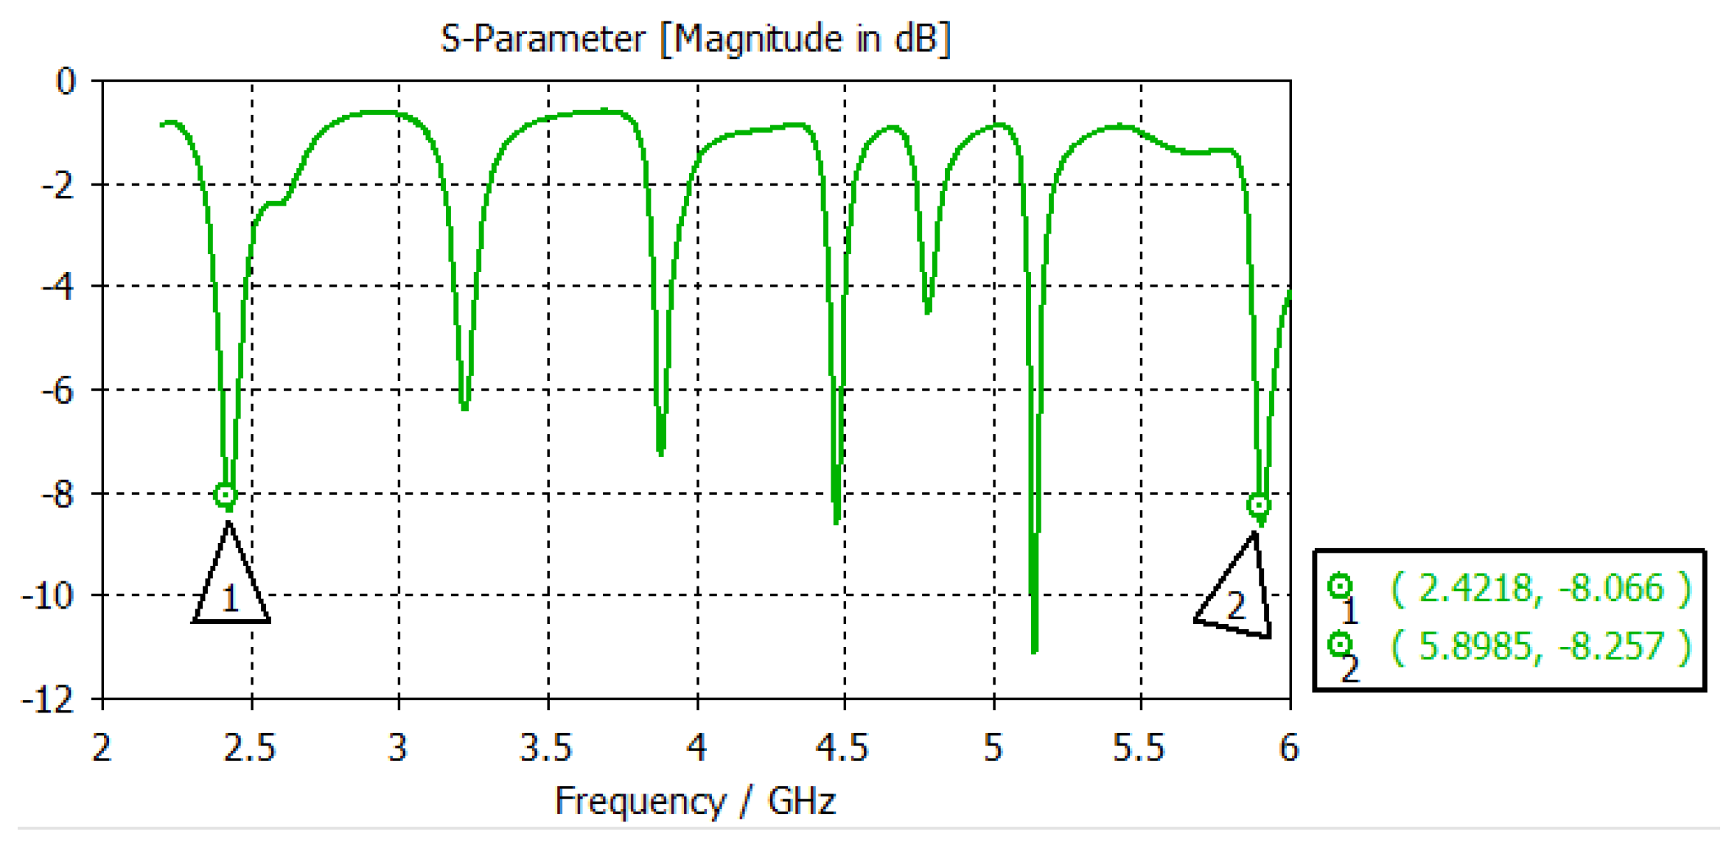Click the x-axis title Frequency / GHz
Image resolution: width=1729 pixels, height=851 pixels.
[x=695, y=801]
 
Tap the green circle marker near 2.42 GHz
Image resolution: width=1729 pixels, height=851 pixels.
[x=226, y=494]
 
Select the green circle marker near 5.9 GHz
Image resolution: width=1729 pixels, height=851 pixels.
[x=1259, y=505]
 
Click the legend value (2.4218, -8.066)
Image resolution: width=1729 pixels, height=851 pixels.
[x=1540, y=589]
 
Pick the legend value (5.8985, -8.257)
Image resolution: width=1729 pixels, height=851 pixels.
[x=1540, y=647]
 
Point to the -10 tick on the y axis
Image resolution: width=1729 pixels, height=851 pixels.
[x=49, y=595]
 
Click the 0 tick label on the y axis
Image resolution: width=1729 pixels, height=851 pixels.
[x=66, y=81]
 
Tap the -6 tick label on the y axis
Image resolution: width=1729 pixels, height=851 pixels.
[x=57, y=390]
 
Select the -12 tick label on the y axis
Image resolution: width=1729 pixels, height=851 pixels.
[x=49, y=699]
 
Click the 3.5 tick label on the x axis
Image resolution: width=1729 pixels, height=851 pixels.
[x=546, y=748]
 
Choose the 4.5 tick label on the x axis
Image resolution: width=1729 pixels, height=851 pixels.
[x=842, y=748]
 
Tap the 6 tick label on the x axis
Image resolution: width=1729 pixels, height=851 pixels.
[x=1289, y=748]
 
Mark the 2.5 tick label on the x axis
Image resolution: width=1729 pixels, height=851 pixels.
[x=250, y=748]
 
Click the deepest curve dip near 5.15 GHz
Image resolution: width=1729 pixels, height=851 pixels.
[x=1035, y=650]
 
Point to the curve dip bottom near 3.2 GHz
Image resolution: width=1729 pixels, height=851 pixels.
[x=464, y=407]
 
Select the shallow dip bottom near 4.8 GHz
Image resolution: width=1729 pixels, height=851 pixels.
[x=928, y=312]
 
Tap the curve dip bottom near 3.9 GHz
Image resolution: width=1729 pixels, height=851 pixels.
[x=661, y=453]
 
